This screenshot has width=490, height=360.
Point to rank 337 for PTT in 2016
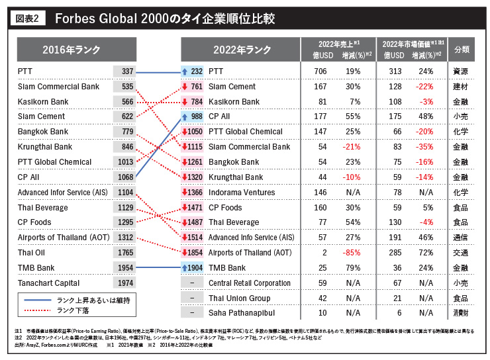[x=128, y=71]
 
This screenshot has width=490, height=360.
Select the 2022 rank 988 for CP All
[x=197, y=116]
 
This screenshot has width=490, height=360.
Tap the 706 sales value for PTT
[x=320, y=71]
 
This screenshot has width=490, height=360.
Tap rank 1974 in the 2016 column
[x=126, y=283]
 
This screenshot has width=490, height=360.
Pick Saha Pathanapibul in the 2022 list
[x=242, y=313]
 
